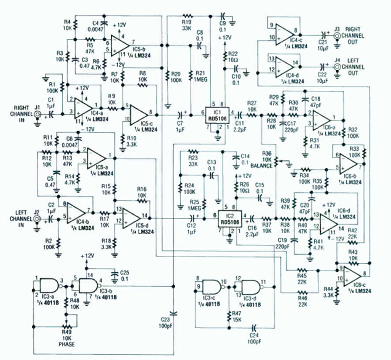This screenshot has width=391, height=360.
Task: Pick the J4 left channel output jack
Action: [x=337, y=66]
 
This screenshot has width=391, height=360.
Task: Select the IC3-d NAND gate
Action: [x=250, y=284]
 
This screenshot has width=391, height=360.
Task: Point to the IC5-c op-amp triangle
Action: [x=139, y=113]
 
